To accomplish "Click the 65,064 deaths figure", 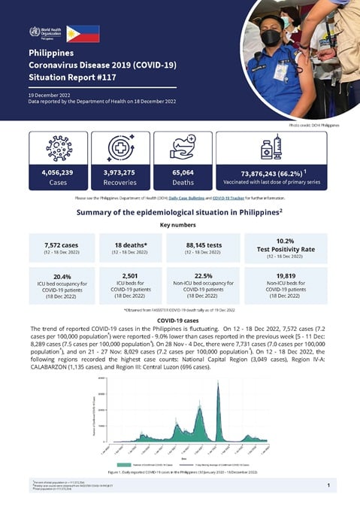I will (182, 172).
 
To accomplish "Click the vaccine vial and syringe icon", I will (270, 147).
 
